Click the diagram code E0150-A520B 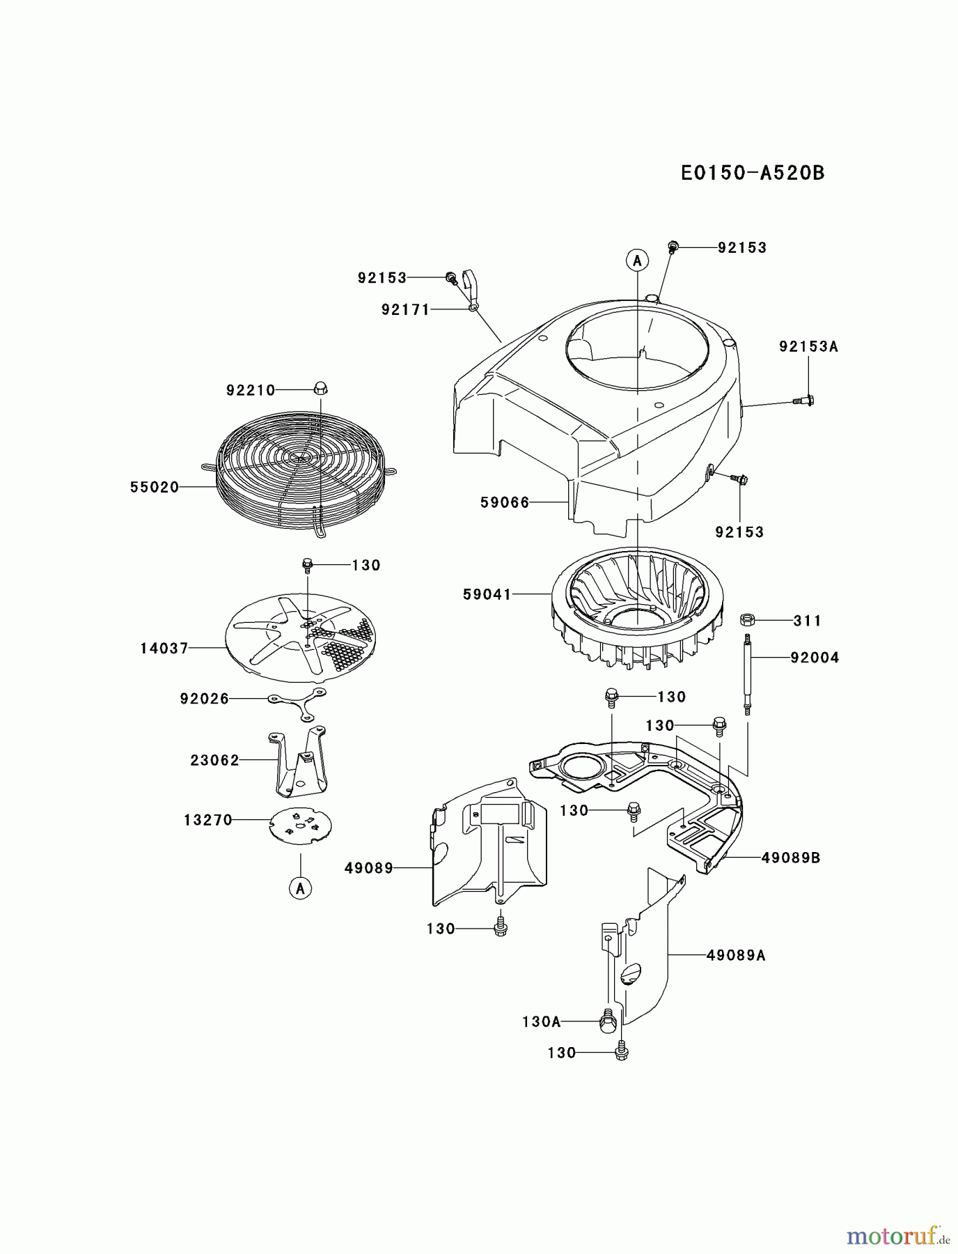pos(752,173)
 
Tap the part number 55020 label pos(155,488)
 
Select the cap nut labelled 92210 pos(320,388)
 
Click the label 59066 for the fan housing pos(505,502)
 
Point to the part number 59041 pos(487,594)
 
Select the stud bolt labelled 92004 pos(747,672)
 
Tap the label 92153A pos(808,346)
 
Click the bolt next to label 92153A pos(804,401)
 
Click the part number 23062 pos(214,760)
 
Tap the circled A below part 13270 pos(301,888)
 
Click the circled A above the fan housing pos(636,261)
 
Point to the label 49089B pos(790,858)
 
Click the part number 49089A pos(735,955)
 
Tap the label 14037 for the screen pos(164,648)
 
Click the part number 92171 pos(405,309)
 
